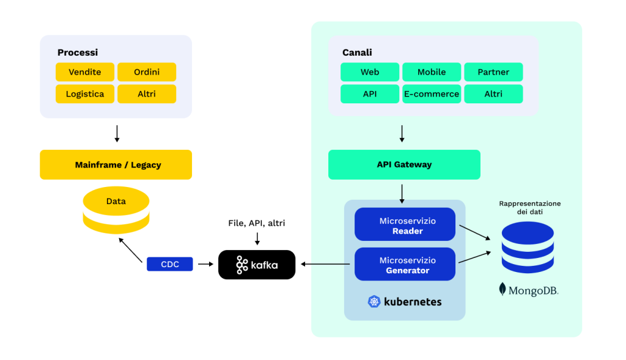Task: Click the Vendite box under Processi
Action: pyautogui.click(x=85, y=72)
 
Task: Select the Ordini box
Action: pyautogui.click(x=147, y=72)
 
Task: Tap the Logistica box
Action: pyautogui.click(x=85, y=94)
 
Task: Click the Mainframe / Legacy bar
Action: pyautogui.click(x=116, y=165)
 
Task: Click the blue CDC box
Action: pyautogui.click(x=170, y=264)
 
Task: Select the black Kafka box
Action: pyautogui.click(x=257, y=265)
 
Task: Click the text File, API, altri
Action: pyautogui.click(x=257, y=223)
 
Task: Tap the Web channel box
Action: pyautogui.click(x=370, y=72)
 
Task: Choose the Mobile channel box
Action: pyautogui.click(x=432, y=72)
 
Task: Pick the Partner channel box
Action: pyautogui.click(x=493, y=72)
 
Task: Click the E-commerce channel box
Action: pyautogui.click(x=432, y=94)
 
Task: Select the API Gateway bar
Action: pyautogui.click(x=404, y=165)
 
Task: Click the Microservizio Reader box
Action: pyautogui.click(x=405, y=226)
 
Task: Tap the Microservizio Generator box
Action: pyautogui.click(x=405, y=265)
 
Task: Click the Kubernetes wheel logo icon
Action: pyautogui.click(x=374, y=301)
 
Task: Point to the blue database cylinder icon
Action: pyautogui.click(x=528, y=247)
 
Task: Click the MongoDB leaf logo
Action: pyautogui.click(x=503, y=290)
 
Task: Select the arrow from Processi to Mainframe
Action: pyautogui.click(x=117, y=133)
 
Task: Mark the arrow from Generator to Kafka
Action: pyautogui.click(x=325, y=264)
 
